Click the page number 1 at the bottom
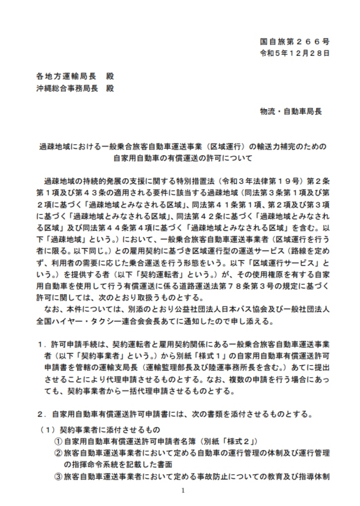tap(182, 490)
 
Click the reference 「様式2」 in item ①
tap(235, 441)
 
